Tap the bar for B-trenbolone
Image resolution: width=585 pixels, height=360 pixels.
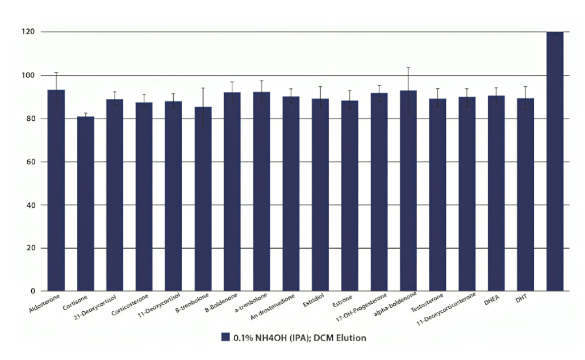[x=203, y=199]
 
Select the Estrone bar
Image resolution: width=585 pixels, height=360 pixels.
[x=349, y=195]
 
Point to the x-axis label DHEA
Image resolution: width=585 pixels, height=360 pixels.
[x=491, y=299]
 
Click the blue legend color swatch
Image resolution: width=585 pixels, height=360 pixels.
[x=224, y=338]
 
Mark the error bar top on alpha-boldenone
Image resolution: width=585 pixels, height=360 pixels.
[x=408, y=68]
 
